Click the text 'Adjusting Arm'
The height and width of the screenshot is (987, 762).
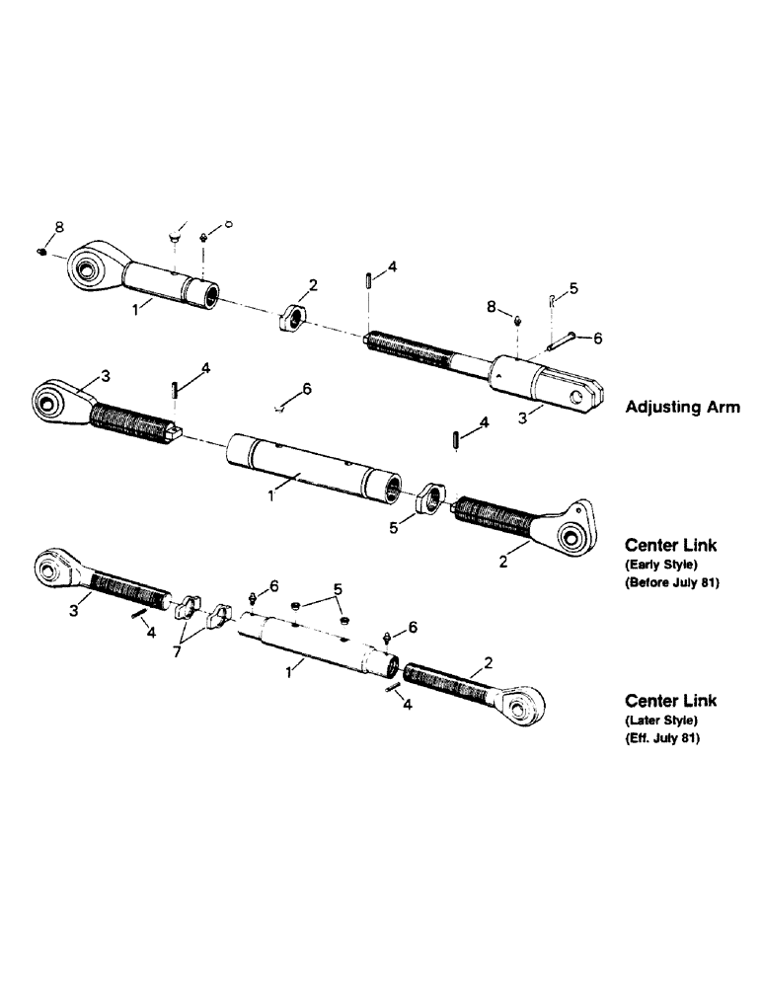pyautogui.click(x=682, y=407)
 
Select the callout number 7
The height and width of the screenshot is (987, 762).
pyautogui.click(x=177, y=652)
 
